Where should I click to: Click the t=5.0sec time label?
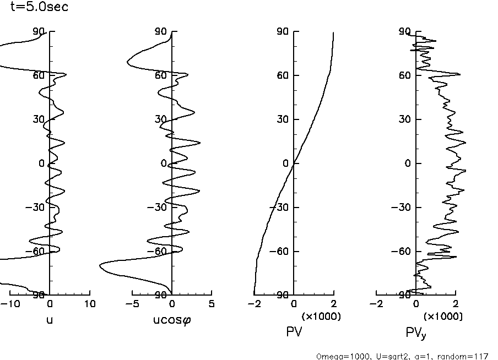point(40,8)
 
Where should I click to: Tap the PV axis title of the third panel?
point(294,331)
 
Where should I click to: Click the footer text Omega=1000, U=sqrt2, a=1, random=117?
point(402,356)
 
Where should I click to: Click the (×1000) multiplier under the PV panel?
point(321,317)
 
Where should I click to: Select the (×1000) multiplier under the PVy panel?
point(443,317)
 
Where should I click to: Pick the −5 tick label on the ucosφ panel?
point(130,304)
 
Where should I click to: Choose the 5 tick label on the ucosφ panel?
point(212,304)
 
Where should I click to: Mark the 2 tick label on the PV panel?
point(333,304)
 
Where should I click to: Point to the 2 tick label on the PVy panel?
point(455,304)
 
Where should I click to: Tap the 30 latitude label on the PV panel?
point(283,119)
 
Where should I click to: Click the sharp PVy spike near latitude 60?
point(459,74)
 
